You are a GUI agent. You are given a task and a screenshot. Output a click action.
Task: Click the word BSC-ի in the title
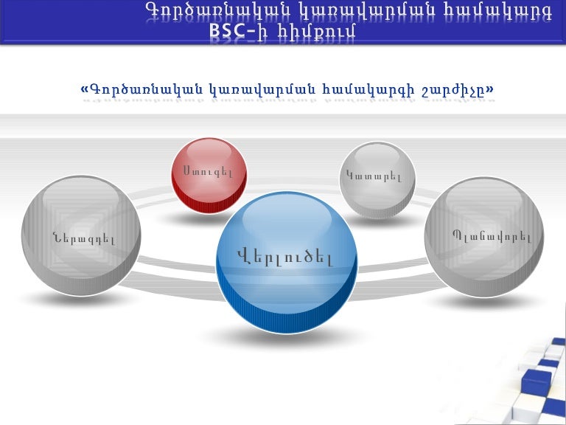tap(234, 31)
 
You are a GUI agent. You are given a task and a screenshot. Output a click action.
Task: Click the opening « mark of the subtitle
tap(84, 90)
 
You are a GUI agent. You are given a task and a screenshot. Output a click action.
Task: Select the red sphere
tap(209, 176)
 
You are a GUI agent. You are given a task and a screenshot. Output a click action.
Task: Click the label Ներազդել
tap(83, 238)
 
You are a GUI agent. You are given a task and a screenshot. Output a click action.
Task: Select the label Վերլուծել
tap(285, 258)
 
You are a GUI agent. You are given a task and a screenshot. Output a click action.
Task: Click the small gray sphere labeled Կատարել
tap(377, 181)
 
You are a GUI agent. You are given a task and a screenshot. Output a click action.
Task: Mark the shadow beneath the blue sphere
tap(286, 339)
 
